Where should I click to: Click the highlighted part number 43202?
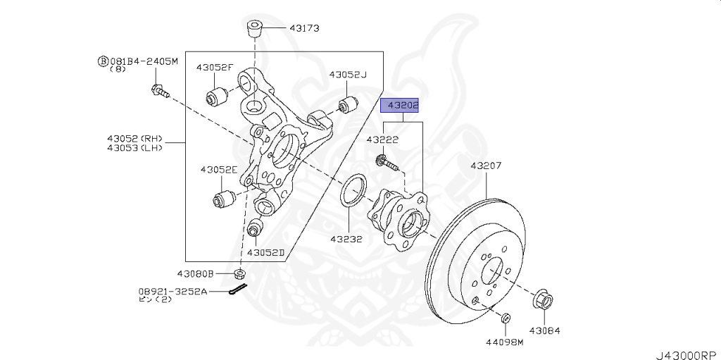click(400, 106)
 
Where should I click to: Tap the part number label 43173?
click(303, 28)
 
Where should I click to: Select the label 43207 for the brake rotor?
click(487, 166)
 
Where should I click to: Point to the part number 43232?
click(346, 239)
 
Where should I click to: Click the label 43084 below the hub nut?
click(545, 329)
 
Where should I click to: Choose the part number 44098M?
click(505, 343)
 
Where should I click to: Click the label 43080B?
click(195, 273)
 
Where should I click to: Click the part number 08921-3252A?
click(173, 290)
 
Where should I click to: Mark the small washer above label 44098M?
click(505, 321)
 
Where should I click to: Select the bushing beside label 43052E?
click(224, 197)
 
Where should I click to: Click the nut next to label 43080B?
click(240, 273)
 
